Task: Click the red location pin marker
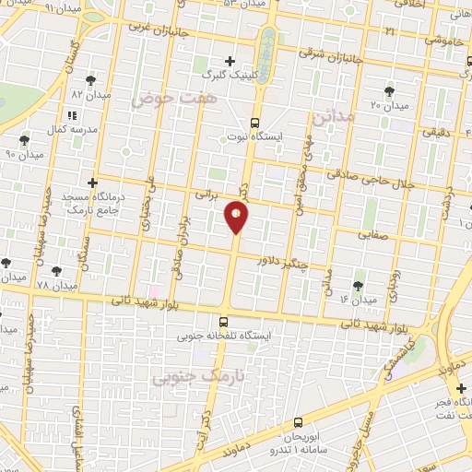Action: [x=236, y=218]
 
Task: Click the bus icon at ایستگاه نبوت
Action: [x=255, y=122]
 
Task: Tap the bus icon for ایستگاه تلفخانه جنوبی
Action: [x=222, y=323]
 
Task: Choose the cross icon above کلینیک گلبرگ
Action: [x=230, y=61]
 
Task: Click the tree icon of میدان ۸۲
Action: [x=89, y=81]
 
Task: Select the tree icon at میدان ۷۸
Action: [x=57, y=272]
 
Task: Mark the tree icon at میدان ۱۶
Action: [x=358, y=286]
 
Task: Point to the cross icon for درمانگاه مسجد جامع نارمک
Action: [x=91, y=183]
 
